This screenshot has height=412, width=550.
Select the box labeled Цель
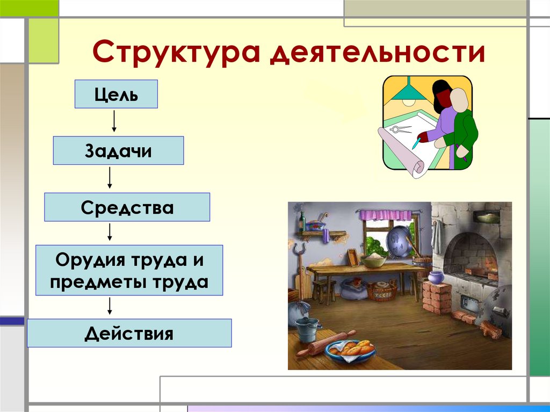116,95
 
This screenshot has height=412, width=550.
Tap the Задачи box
118,150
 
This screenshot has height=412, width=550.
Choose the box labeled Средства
127,207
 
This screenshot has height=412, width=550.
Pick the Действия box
129,333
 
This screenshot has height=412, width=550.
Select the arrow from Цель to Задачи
114,122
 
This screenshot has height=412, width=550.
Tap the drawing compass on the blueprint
400,129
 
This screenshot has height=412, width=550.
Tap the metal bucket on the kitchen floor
307,328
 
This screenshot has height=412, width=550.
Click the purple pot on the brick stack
436,277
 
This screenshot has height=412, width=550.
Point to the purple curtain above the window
385,215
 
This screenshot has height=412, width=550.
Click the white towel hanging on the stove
437,236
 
